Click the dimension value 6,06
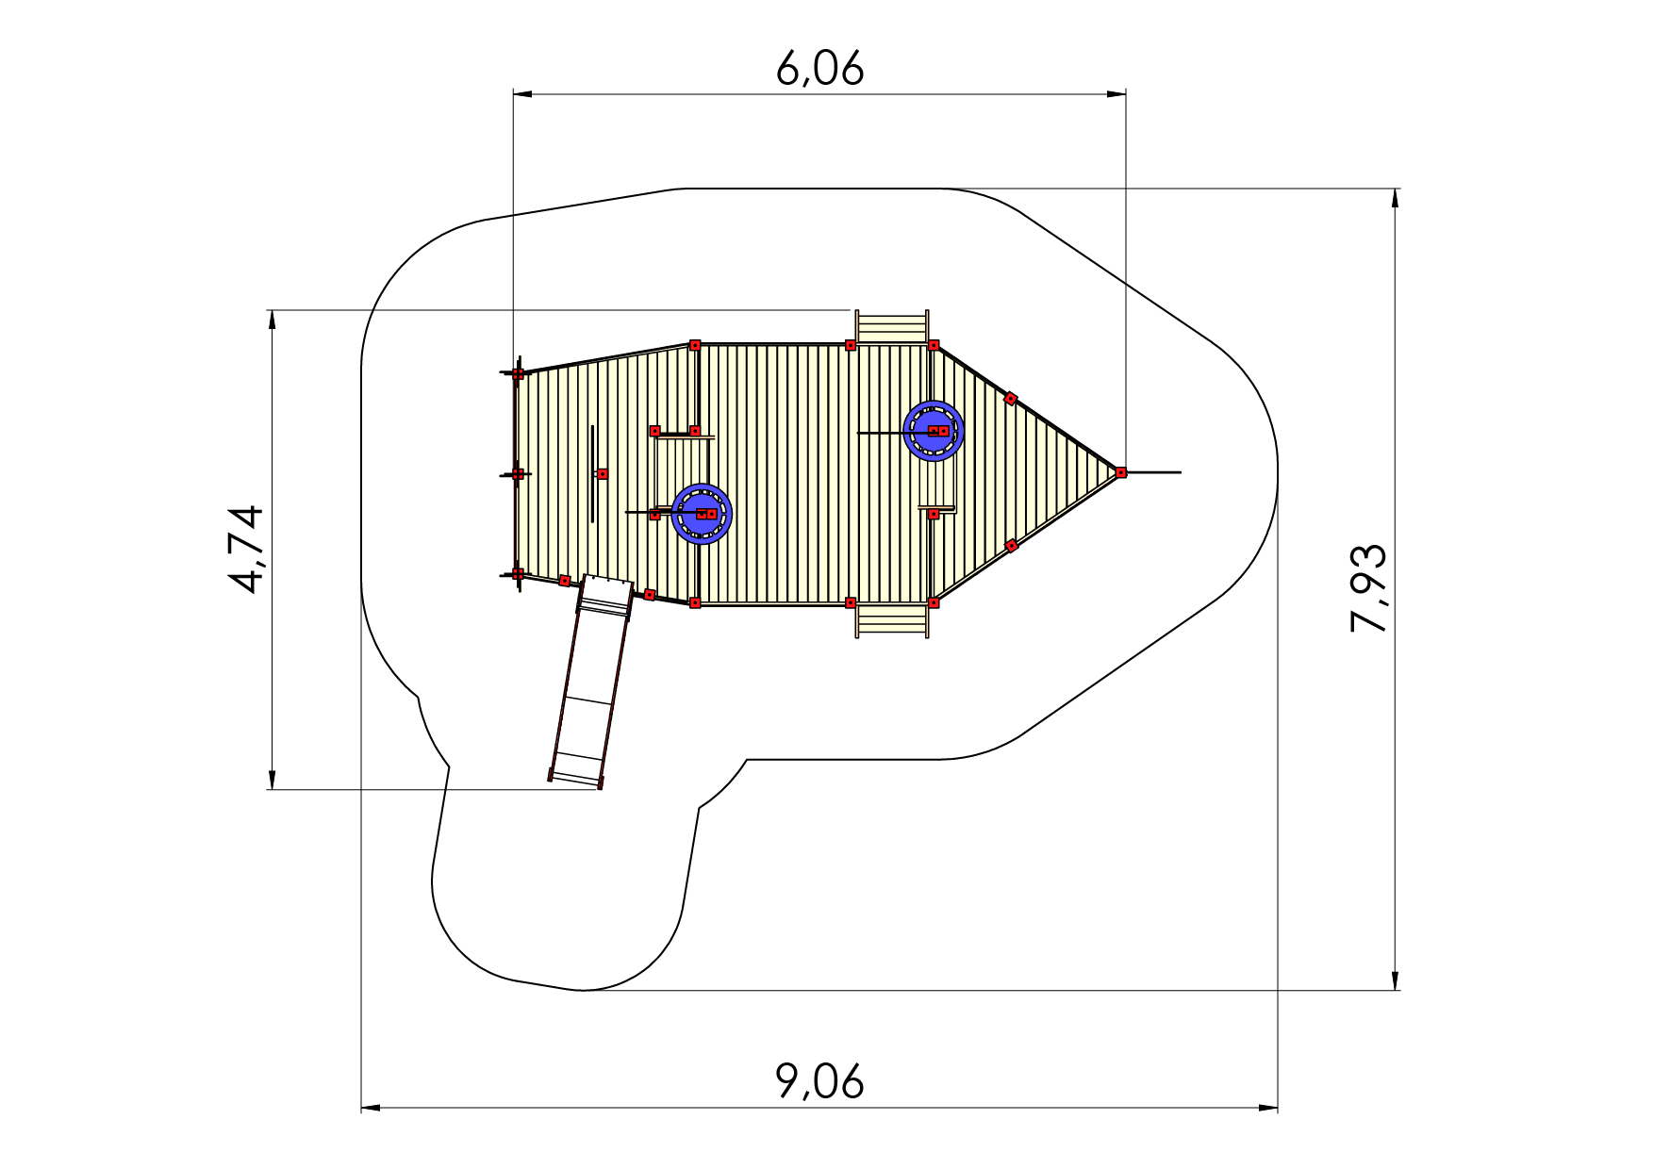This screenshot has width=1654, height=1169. [819, 69]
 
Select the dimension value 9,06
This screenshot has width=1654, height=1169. [819, 1081]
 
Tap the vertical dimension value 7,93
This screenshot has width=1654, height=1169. [1369, 588]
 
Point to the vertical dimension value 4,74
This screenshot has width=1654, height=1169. [246, 549]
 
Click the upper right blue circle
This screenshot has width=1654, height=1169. [934, 431]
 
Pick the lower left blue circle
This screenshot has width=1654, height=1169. [702, 514]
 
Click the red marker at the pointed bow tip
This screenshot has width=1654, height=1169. [1120, 472]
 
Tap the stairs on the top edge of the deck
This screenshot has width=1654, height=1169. [892, 327]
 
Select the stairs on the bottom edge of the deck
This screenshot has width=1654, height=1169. [892, 621]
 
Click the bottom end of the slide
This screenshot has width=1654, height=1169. [575, 779]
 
